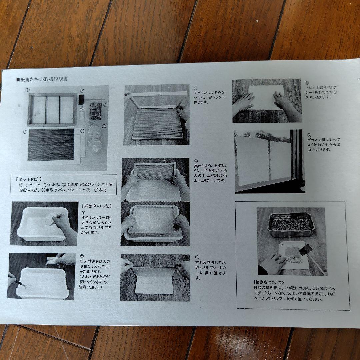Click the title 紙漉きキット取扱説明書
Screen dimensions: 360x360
pyautogui.click(x=45, y=80)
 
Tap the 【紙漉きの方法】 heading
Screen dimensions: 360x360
pyautogui.click(x=97, y=206)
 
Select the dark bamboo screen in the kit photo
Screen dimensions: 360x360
pyautogui.click(x=50, y=144)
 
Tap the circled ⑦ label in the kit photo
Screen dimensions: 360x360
pyautogui.click(x=82, y=91)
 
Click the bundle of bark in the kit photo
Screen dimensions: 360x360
pyautogui.click(x=95, y=111)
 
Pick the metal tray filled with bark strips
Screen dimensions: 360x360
pyautogui.click(x=291, y=224)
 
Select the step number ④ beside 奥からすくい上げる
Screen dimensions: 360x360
pyautogui.click(x=196, y=161)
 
